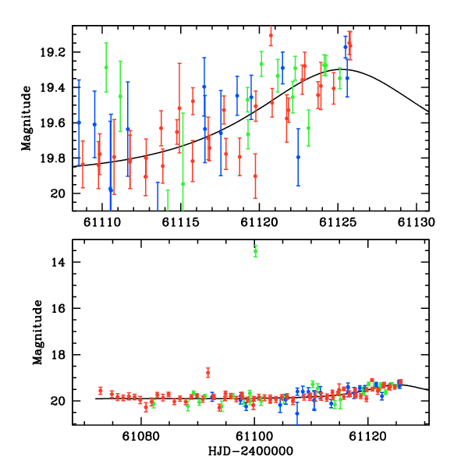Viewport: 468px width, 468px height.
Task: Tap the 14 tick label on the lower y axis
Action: pyautogui.click(x=60, y=262)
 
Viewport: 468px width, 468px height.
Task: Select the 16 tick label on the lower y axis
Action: pyautogui.click(x=60, y=308)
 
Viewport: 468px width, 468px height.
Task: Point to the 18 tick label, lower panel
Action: pyautogui.click(x=60, y=354)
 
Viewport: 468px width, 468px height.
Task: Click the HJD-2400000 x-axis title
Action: pyautogui.click(x=250, y=451)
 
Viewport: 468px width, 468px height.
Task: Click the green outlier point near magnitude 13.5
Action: pyautogui.click(x=255, y=250)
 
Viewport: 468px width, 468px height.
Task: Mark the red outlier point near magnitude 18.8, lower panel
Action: pyautogui.click(x=207, y=372)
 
